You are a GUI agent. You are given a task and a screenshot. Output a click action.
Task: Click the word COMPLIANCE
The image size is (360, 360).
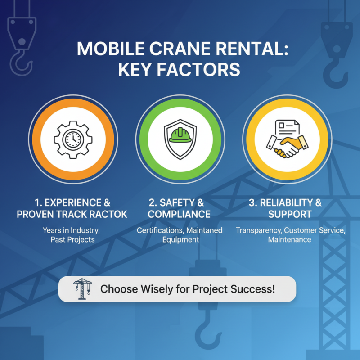click(179, 214)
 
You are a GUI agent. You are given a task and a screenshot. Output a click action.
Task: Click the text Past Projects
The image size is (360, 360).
click(72, 240)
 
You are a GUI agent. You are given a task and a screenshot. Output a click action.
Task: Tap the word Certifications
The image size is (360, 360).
click(157, 230)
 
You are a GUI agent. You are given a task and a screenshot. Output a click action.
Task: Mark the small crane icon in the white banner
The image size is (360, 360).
click(82, 289)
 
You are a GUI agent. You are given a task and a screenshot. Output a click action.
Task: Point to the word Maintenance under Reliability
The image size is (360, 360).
click(289, 240)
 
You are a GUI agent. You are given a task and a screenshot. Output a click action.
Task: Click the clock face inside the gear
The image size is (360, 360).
click(72, 139)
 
